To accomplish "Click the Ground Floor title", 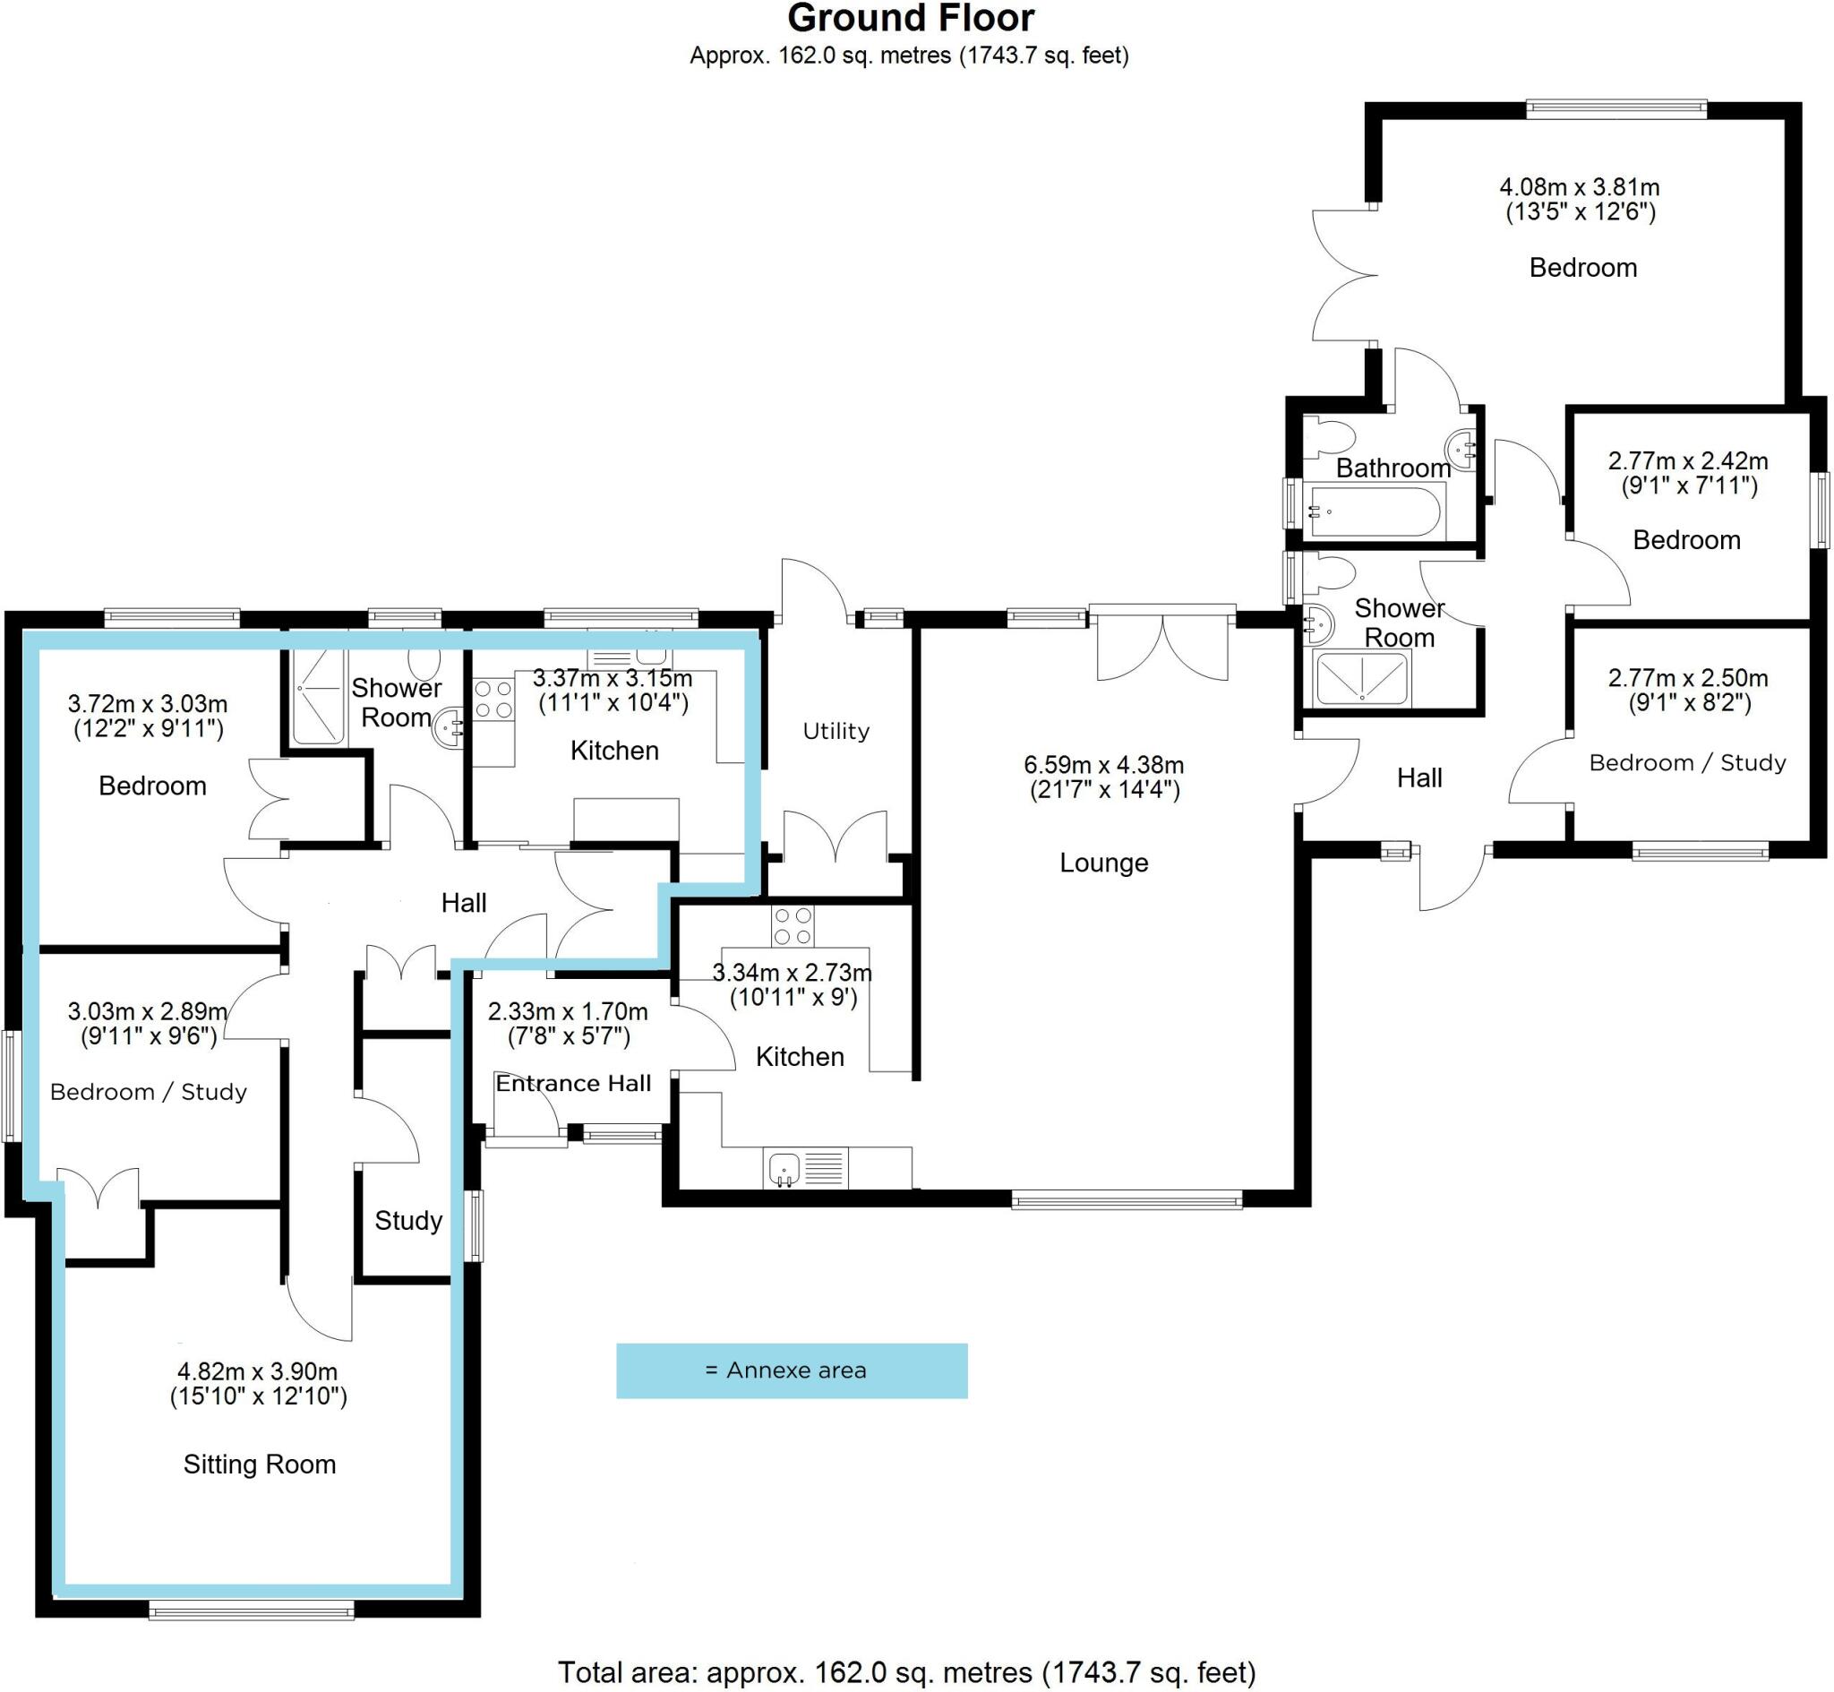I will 910,18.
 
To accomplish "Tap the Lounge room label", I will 1102,863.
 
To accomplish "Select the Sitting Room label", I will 259,1464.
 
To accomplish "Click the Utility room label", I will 836,731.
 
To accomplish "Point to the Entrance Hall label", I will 573,1083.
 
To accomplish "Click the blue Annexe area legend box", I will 791,1370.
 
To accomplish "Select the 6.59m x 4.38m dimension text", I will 1102,765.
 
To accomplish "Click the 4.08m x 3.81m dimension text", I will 1579,187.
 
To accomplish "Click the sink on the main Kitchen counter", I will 784,1169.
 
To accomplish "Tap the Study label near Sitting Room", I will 408,1221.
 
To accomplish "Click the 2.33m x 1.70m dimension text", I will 568,1012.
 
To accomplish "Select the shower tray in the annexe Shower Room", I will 318,696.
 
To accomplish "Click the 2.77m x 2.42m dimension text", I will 1686,460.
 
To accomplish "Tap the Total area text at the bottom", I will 906,1673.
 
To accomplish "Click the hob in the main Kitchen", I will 792,924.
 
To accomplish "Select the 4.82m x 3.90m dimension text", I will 257,1371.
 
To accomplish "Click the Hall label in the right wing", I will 1418,778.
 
